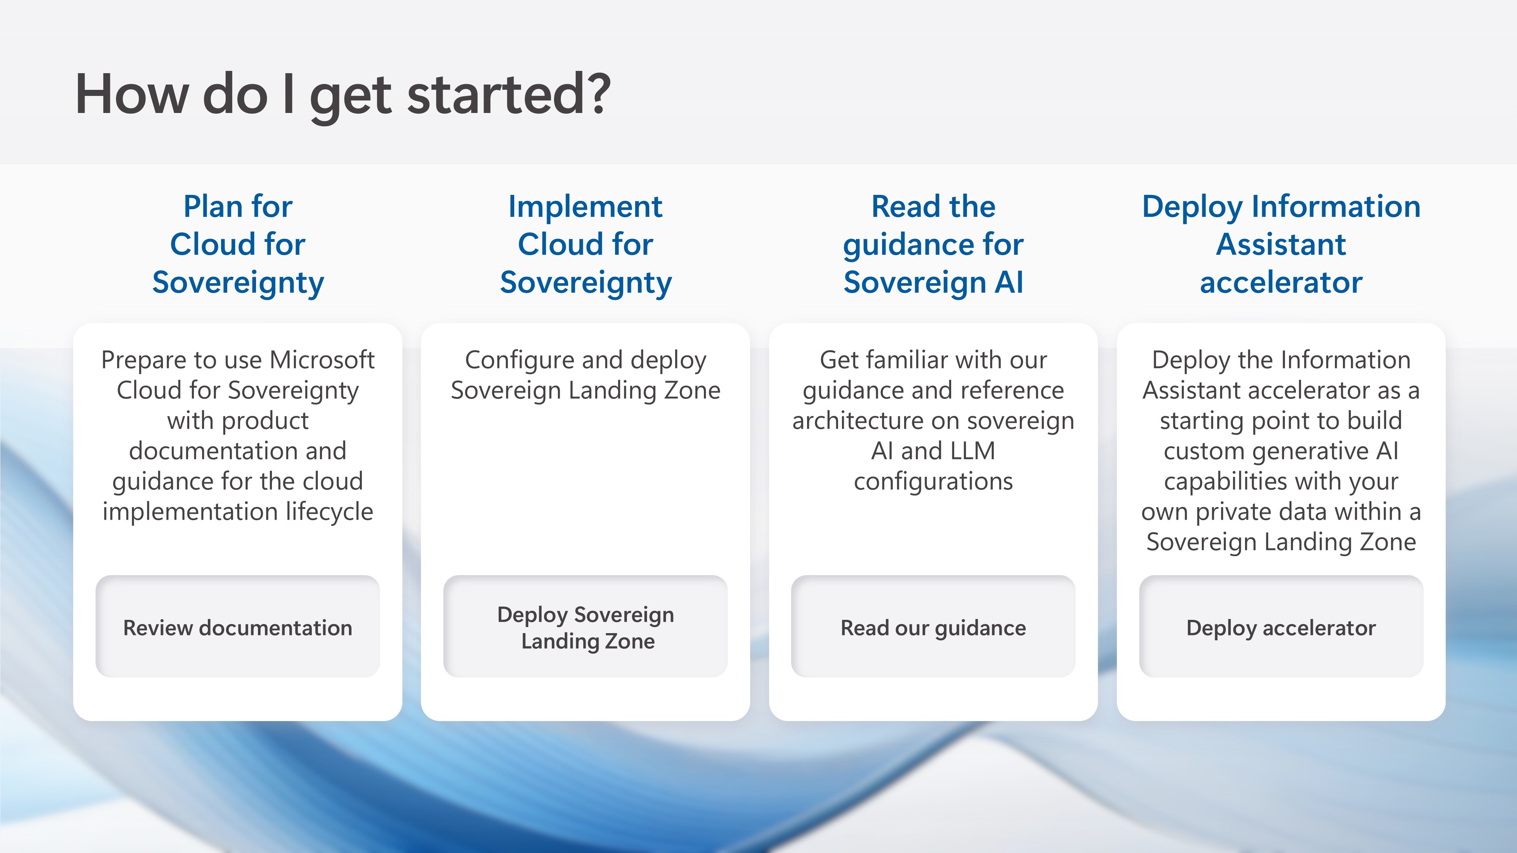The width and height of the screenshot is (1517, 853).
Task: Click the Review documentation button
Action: click(x=237, y=626)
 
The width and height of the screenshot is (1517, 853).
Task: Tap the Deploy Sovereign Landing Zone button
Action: click(x=585, y=626)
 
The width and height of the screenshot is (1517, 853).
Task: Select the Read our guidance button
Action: click(x=933, y=626)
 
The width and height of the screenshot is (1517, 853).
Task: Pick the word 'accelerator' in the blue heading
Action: click(x=1281, y=282)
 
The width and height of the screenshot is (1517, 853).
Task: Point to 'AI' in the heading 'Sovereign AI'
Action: click(x=1009, y=282)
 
